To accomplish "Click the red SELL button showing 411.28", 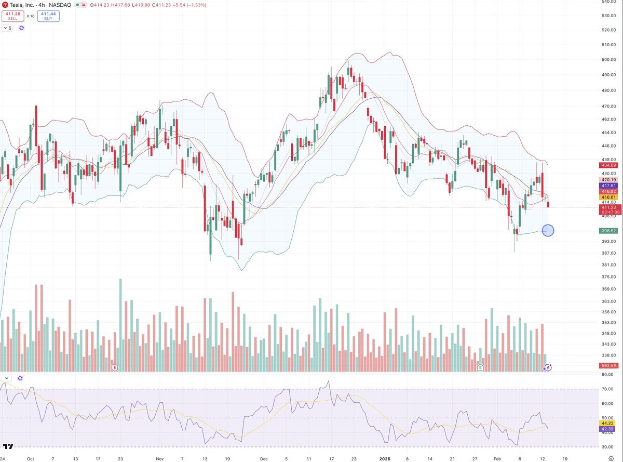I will tap(12, 16).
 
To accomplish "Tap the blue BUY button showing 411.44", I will tap(48, 16).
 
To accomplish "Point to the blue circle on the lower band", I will tap(548, 230).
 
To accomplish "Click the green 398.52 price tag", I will tap(606, 231).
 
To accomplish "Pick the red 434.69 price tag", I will tap(606, 165).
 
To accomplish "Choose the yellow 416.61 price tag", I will tap(606, 197).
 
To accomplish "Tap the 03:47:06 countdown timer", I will tap(606, 212).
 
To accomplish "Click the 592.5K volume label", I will tap(606, 365).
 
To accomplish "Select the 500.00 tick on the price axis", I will tap(606, 60).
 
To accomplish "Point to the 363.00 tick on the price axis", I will tap(606, 301).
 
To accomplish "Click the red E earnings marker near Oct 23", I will tap(115, 367).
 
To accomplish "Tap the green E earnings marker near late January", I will tap(480, 367).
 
